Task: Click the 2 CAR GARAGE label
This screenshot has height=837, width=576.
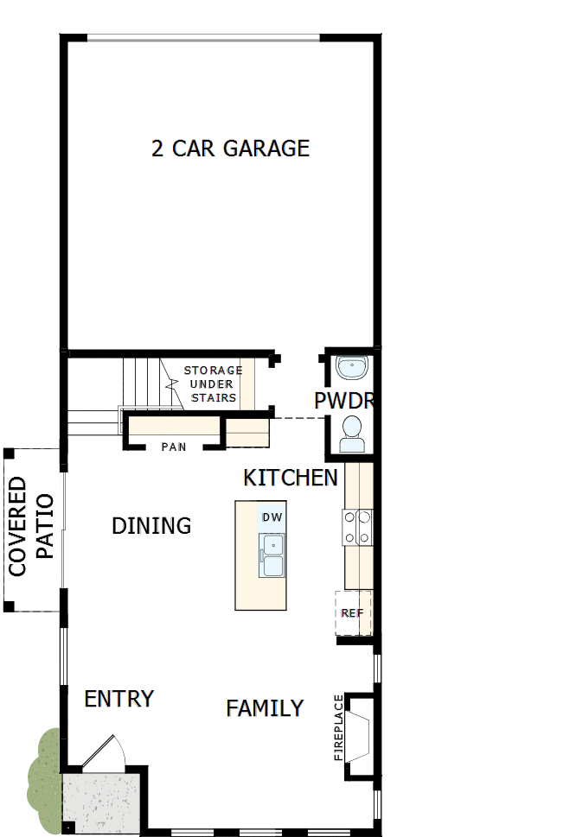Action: coord(230,149)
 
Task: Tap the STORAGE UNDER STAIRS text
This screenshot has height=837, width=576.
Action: coord(213,384)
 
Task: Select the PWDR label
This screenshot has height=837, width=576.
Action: coord(342,402)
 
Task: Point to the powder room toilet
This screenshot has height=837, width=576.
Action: coord(352,434)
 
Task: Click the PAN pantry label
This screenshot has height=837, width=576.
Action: coord(174,447)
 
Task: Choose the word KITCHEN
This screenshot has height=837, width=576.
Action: coord(290,479)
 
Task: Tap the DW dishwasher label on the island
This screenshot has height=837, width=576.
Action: coord(272,517)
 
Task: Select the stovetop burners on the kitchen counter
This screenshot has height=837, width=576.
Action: coord(359,528)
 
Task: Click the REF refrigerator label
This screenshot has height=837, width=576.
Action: coord(351,613)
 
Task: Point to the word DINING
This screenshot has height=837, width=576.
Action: coord(151,526)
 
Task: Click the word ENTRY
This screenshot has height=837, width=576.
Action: coord(118,699)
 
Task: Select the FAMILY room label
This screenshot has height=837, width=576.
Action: coord(265,708)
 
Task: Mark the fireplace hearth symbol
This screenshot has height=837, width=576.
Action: coord(361,729)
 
